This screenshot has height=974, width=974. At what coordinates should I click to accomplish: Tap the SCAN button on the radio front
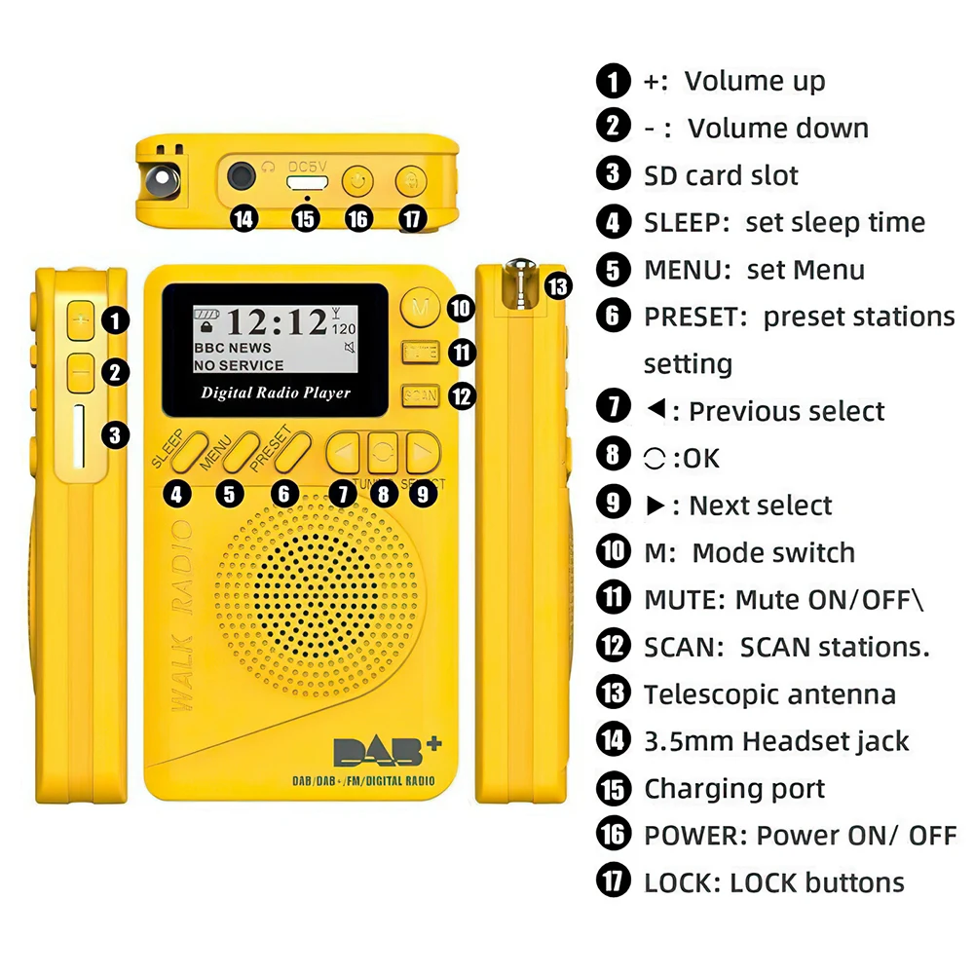tap(421, 395)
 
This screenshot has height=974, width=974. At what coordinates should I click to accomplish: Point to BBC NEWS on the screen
tap(233, 348)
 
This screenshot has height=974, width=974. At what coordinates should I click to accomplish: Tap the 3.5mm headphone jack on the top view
tap(242, 178)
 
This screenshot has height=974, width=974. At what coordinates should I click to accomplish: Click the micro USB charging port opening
tap(306, 180)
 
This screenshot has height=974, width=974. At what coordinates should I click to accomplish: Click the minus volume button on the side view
tap(81, 371)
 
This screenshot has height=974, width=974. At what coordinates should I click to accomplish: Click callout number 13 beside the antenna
tap(558, 286)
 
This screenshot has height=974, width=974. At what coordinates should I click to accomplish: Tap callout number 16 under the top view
tap(359, 218)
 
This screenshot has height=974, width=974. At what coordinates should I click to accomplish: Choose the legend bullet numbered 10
tap(613, 552)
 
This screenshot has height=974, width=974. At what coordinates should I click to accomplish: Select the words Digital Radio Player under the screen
tap(276, 393)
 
